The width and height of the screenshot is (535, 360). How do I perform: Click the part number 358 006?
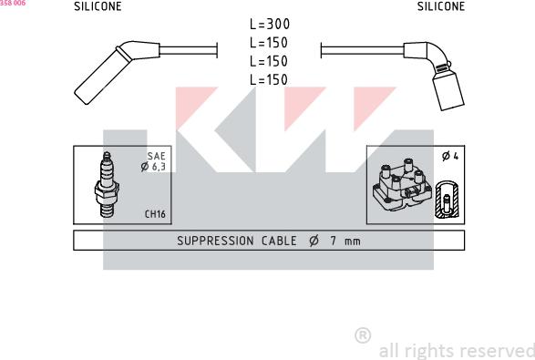click(13, 4)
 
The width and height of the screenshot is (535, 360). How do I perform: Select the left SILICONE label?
click(98, 6)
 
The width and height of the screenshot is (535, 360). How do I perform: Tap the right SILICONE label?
click(441, 6)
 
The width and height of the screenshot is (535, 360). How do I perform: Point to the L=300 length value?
click(269, 26)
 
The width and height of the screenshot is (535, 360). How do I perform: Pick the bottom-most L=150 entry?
click(269, 80)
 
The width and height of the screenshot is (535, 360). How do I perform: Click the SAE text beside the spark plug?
click(157, 156)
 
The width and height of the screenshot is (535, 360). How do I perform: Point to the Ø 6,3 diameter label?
click(154, 167)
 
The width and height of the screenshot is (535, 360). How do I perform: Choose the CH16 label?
click(154, 215)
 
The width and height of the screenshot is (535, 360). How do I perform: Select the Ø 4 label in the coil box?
click(449, 157)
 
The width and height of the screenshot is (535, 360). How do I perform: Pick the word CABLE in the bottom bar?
click(276, 242)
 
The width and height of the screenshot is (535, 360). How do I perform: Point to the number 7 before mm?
click(334, 242)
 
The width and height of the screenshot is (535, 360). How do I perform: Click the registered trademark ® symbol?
click(362, 336)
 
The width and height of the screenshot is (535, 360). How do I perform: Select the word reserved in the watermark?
click(499, 351)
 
